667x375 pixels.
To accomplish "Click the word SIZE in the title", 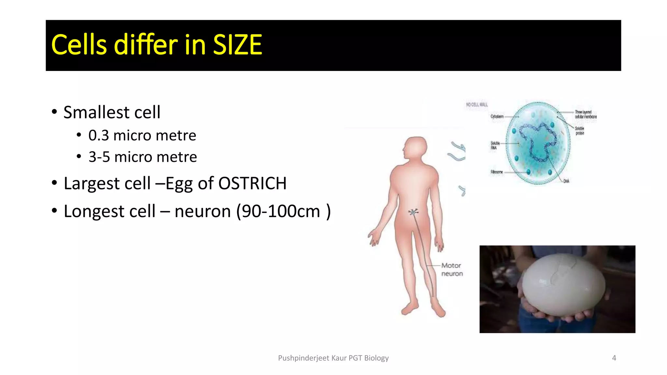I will [237, 45].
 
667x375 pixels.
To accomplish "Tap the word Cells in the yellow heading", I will [79, 45].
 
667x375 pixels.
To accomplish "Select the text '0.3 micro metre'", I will [142, 135].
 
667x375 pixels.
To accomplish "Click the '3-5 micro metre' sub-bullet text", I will [143, 157].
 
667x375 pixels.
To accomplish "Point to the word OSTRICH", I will [252, 183].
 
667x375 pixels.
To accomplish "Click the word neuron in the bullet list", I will [203, 211].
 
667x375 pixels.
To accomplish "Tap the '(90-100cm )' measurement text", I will [283, 211].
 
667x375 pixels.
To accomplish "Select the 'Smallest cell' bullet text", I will [112, 112].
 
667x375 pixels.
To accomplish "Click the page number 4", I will [614, 358].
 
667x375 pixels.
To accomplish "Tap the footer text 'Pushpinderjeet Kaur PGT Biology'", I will [333, 358].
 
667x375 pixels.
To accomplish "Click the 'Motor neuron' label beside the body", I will [452, 270].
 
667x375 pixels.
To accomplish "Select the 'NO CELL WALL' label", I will [477, 104].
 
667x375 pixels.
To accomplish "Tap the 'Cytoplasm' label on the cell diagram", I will [497, 117].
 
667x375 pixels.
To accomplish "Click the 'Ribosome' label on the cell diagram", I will [497, 172].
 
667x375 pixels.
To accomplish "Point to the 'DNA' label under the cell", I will [566, 181].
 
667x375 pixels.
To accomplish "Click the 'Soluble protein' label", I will [579, 131].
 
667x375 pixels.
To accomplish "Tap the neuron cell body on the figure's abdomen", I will [413, 212].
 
